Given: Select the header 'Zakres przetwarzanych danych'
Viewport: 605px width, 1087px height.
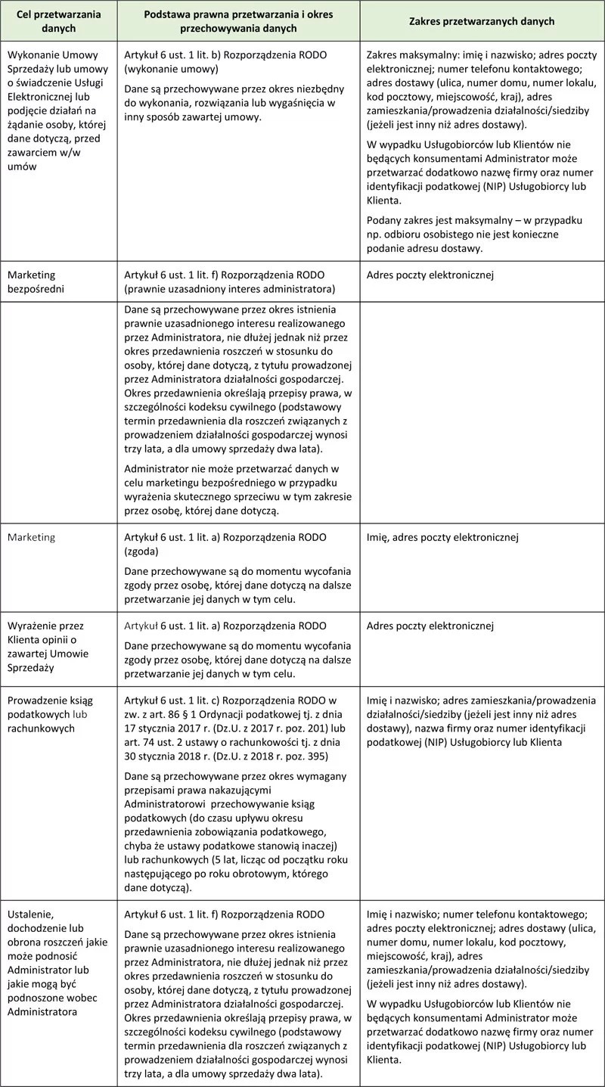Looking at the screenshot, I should tap(482, 21).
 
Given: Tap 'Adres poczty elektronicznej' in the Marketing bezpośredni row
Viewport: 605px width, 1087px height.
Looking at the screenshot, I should tap(430, 275).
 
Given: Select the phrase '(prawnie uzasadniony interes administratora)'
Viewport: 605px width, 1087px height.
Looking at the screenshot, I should tap(230, 289).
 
